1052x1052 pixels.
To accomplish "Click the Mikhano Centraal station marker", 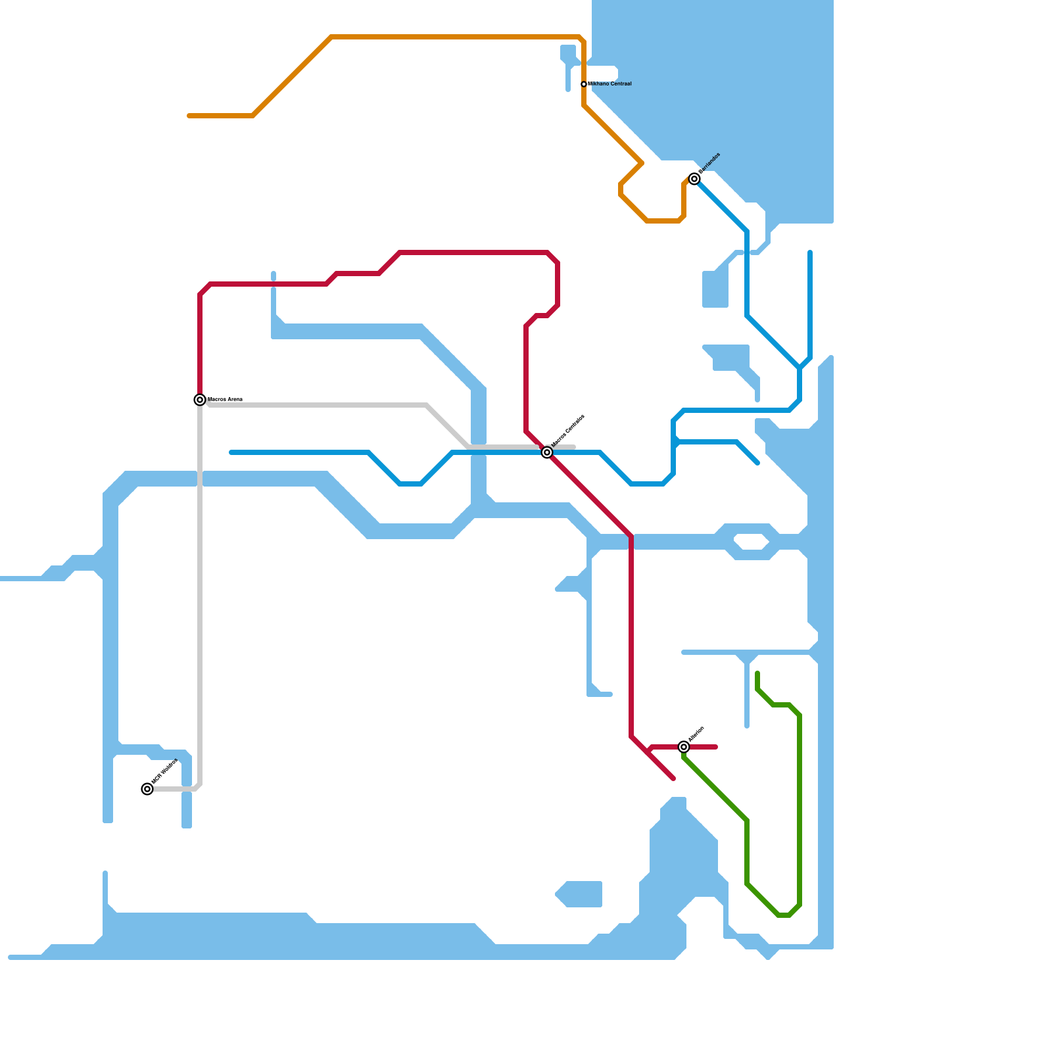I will (584, 84).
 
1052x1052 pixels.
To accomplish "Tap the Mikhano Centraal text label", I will (610, 84).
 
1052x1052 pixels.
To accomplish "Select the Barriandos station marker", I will (694, 179).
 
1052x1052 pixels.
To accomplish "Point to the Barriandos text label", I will (710, 163).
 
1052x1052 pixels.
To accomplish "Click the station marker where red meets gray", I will (200, 400).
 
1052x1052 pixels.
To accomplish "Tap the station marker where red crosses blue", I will (547, 452).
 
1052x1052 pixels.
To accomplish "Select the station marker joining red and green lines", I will (684, 747).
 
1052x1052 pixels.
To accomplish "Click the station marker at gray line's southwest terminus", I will (147, 789).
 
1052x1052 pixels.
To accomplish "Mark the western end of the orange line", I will (189, 116).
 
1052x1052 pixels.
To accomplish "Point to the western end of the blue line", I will (231, 452).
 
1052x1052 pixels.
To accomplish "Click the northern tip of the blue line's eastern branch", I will (810, 252).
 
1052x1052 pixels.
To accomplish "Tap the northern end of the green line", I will (757, 673).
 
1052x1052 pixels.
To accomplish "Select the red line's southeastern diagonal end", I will (673, 779).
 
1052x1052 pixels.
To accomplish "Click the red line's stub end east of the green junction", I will (716, 747).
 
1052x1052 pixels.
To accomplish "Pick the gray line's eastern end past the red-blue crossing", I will (574, 447).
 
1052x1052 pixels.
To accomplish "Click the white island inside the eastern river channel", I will (751, 542).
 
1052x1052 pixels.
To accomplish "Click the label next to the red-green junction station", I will (697, 734).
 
